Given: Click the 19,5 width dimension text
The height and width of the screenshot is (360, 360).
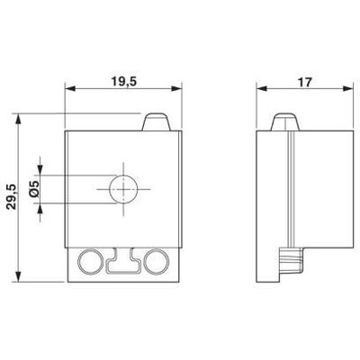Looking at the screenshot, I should pyautogui.click(x=124, y=80).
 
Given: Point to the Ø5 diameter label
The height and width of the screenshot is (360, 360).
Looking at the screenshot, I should pyautogui.click(x=33, y=190).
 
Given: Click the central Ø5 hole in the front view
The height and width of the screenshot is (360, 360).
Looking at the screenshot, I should pyautogui.click(x=121, y=190).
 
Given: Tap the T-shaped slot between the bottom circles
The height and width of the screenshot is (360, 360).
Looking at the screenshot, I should pyautogui.click(x=122, y=262).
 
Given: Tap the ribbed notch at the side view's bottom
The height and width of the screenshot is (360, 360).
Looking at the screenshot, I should pyautogui.click(x=288, y=262).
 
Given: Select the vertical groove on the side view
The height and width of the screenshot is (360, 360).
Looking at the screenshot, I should pyautogui.click(x=290, y=189).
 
